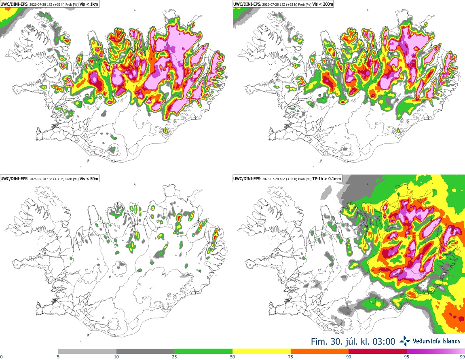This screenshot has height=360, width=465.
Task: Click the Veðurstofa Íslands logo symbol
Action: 405,341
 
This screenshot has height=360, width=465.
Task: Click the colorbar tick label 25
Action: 174,357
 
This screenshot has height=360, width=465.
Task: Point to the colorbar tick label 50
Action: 232,357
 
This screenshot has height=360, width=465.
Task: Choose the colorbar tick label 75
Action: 291,357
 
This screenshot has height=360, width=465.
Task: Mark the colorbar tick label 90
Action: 349,357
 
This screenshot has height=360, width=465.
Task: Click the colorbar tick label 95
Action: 407,357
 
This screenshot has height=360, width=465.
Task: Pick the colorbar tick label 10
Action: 116,357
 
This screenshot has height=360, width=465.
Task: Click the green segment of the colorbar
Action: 203,352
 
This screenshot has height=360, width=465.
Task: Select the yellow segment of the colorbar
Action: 262,352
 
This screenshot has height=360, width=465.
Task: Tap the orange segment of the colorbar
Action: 320,352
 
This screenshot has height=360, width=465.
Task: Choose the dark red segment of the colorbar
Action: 378,352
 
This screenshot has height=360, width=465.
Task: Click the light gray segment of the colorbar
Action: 87,352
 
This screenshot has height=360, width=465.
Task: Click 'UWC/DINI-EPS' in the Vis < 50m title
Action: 14,179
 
